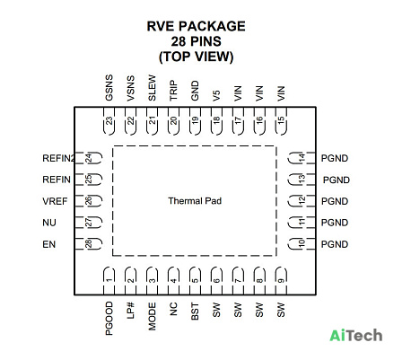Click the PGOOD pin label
tap(109, 318)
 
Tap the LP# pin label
tap(131, 311)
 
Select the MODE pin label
tap(153, 316)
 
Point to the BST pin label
tap(195, 312)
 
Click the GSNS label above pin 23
tap(109, 87)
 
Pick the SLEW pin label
tap(153, 87)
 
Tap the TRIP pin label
tap(174, 90)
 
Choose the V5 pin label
tap(216, 95)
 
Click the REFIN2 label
tap(58, 158)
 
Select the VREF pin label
tap(55, 201)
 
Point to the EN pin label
tap(49, 244)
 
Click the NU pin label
tap(49, 223)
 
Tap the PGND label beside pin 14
tap(335, 158)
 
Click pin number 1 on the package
tap(109, 280)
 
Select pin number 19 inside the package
tap(195, 120)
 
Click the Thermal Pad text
tap(195, 201)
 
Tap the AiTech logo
tap(356, 335)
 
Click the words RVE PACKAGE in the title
tap(196, 26)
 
